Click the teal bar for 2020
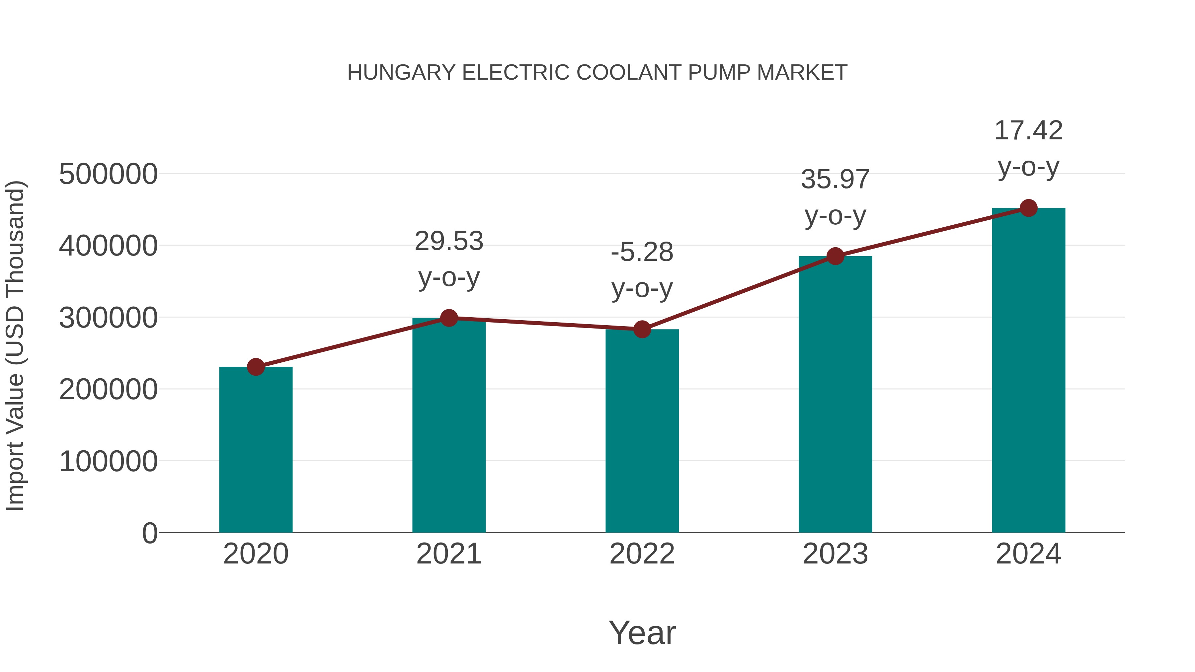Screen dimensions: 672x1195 [256, 450]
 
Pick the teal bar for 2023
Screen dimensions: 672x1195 [835, 394]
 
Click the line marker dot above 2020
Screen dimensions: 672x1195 [256, 367]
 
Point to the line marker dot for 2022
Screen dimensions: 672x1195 [642, 329]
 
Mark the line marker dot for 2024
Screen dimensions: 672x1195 [1028, 208]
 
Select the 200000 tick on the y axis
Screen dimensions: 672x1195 [108, 390]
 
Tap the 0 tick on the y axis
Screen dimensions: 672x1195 [149, 533]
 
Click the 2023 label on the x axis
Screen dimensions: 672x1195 [835, 554]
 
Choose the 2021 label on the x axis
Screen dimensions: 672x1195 [448, 554]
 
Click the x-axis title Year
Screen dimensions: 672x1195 [642, 633]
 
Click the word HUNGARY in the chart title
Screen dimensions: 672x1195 [401, 73]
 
